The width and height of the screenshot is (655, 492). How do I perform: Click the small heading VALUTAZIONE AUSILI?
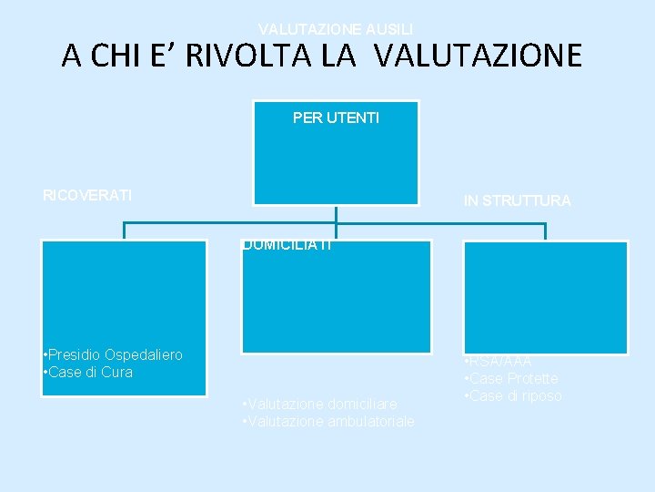coord(336,29)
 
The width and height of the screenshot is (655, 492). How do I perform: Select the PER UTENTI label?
coord(336,118)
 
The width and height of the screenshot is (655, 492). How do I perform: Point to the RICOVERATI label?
coord(87,195)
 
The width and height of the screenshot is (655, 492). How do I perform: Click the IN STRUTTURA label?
coord(517,200)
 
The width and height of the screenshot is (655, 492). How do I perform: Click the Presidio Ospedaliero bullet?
coord(115,354)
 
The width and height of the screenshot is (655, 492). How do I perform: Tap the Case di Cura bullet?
coord(90,372)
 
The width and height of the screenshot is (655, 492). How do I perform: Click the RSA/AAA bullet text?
coord(501,362)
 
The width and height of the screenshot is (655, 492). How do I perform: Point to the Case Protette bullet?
coord(514,378)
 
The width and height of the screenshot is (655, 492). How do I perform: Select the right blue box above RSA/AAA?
coord(545,296)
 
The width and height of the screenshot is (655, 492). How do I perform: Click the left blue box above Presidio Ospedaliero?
coord(124,292)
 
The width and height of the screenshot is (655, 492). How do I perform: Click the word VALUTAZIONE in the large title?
coord(477,56)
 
